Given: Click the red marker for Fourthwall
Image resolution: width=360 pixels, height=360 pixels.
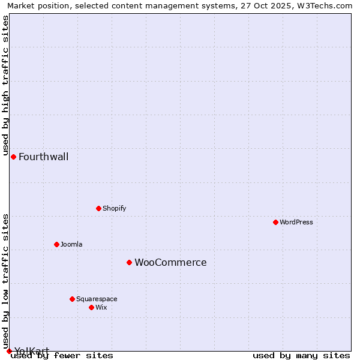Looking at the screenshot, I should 13,157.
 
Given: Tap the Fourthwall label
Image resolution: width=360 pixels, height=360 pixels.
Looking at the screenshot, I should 43,157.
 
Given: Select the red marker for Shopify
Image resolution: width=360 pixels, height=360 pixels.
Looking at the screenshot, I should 98,208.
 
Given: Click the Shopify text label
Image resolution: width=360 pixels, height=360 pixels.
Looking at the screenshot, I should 114,208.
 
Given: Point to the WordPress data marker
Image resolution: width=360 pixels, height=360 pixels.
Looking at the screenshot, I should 275,222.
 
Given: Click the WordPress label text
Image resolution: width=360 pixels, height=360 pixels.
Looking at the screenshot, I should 296,222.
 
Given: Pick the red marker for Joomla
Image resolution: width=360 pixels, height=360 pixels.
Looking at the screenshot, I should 56,244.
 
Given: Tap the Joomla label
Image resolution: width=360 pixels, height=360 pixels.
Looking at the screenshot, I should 71,244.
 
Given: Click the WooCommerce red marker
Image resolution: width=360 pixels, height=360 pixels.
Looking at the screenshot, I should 129,262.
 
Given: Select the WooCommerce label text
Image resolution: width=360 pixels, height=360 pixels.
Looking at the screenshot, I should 170,263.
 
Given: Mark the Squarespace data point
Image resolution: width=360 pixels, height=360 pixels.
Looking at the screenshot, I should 72,299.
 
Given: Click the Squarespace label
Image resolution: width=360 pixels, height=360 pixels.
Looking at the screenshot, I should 97,299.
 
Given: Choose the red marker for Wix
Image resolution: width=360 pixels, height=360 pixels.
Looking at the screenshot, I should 91,307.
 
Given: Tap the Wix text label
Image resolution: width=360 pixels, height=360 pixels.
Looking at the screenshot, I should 101,307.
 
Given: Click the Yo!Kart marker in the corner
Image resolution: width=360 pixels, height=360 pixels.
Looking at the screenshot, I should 9,351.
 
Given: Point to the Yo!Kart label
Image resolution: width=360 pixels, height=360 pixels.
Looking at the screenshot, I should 31,351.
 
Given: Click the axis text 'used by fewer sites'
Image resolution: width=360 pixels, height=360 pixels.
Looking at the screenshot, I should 62,355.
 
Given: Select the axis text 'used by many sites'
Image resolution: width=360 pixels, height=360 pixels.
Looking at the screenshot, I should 301,355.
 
